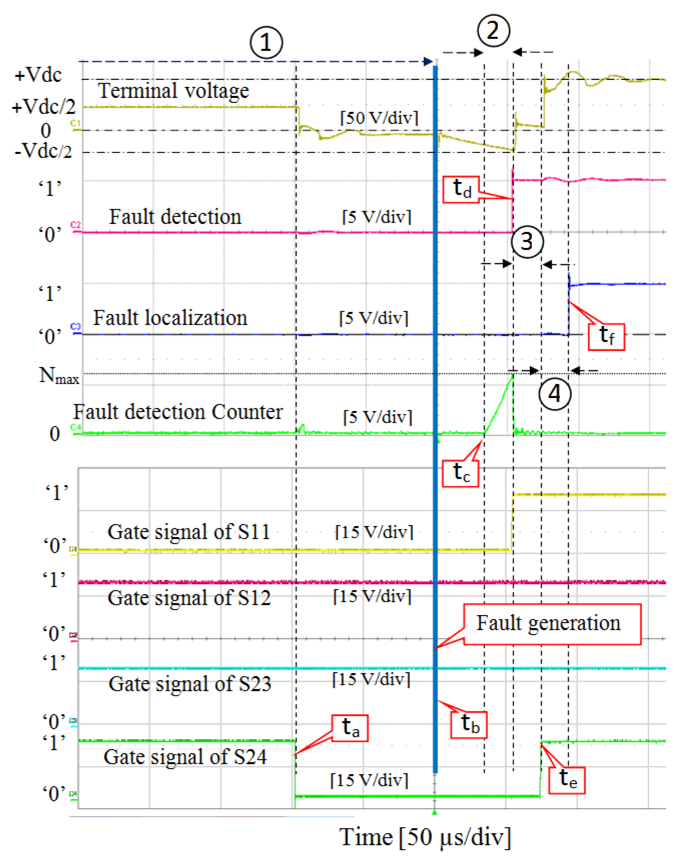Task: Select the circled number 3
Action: [x=527, y=241]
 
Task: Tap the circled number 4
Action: [x=554, y=393]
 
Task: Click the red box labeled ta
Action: [x=350, y=728]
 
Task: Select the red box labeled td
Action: [x=461, y=189]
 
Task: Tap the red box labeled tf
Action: [x=606, y=336]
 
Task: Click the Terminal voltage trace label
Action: [x=173, y=91]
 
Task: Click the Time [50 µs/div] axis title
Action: [x=424, y=837]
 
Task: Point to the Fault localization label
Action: [x=170, y=318]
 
